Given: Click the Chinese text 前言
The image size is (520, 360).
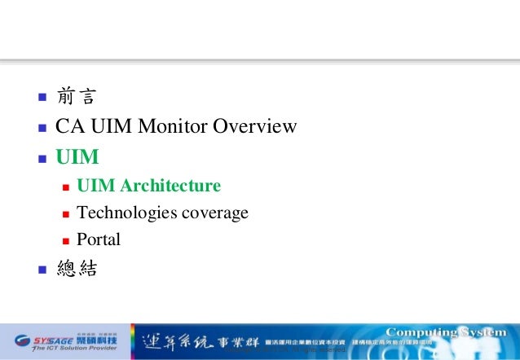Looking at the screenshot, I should pyautogui.click(x=76, y=98).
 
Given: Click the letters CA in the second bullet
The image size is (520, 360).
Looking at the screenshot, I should pyautogui.click(x=67, y=126).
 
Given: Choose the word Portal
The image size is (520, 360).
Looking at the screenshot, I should pyautogui.click(x=98, y=239).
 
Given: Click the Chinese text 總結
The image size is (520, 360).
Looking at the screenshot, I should pyautogui.click(x=76, y=269).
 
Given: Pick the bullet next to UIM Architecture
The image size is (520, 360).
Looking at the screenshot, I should pyautogui.click(x=65, y=187).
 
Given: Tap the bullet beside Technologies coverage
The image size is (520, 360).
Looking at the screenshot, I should pyautogui.click(x=65, y=214).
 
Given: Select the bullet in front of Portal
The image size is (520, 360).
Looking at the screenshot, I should pyautogui.click(x=65, y=241).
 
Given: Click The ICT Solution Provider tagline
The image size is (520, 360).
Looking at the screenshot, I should pyautogui.click(x=67, y=348).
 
